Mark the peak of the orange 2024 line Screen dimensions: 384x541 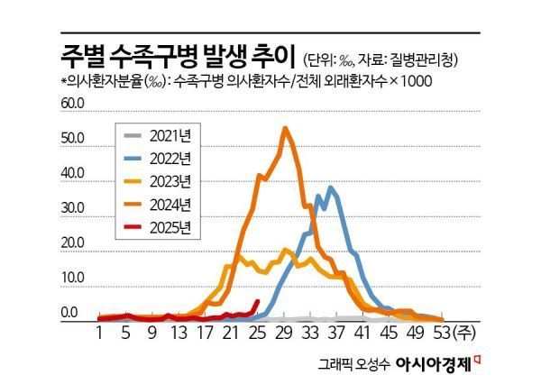pos(285,128)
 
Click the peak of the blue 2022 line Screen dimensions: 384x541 pos(332,187)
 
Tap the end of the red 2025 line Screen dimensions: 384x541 pos(259,301)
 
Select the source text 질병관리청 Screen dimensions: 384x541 pos(431,59)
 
